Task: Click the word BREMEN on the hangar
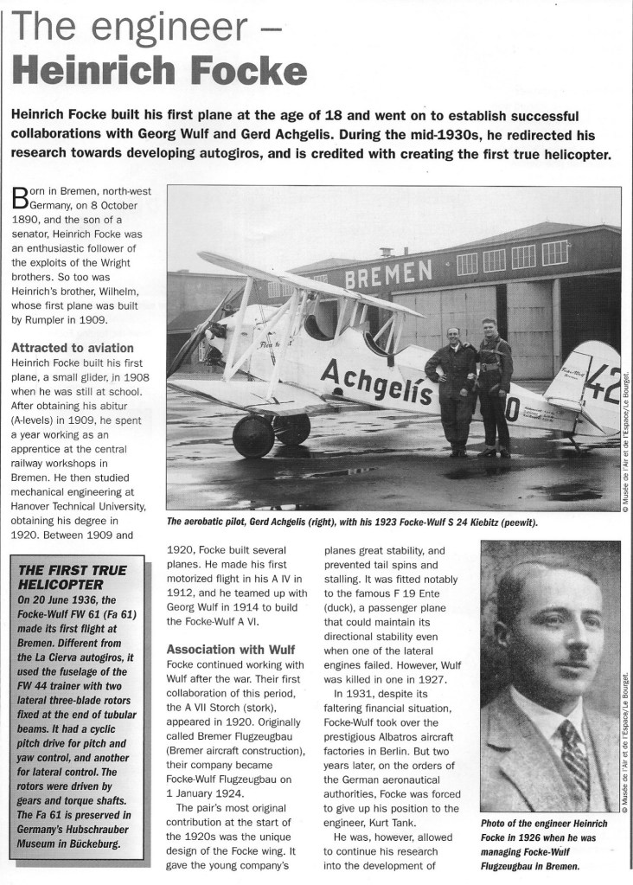(x=388, y=276)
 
